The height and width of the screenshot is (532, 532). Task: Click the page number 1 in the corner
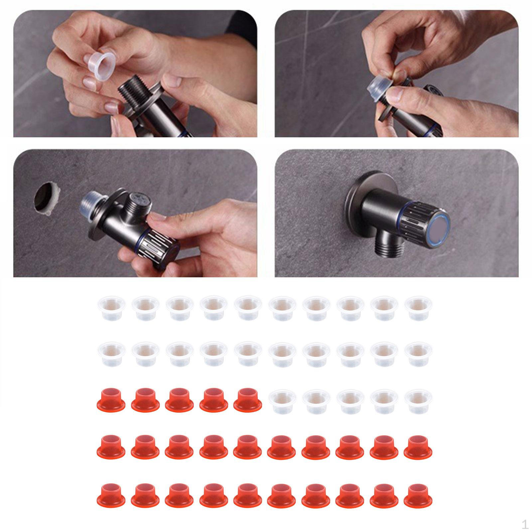click(x=525, y=525)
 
